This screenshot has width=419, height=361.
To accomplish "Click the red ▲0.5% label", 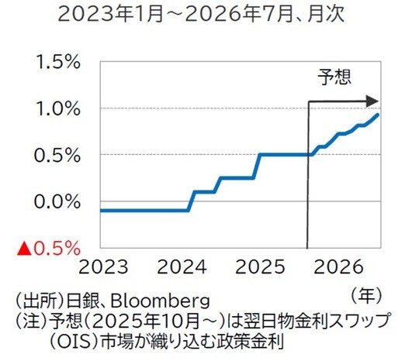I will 49,248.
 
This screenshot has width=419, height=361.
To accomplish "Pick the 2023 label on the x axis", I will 104,269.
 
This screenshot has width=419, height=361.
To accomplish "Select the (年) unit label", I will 365,294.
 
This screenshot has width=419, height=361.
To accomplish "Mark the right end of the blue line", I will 378,115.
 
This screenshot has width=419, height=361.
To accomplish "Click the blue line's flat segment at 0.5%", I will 283,155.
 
